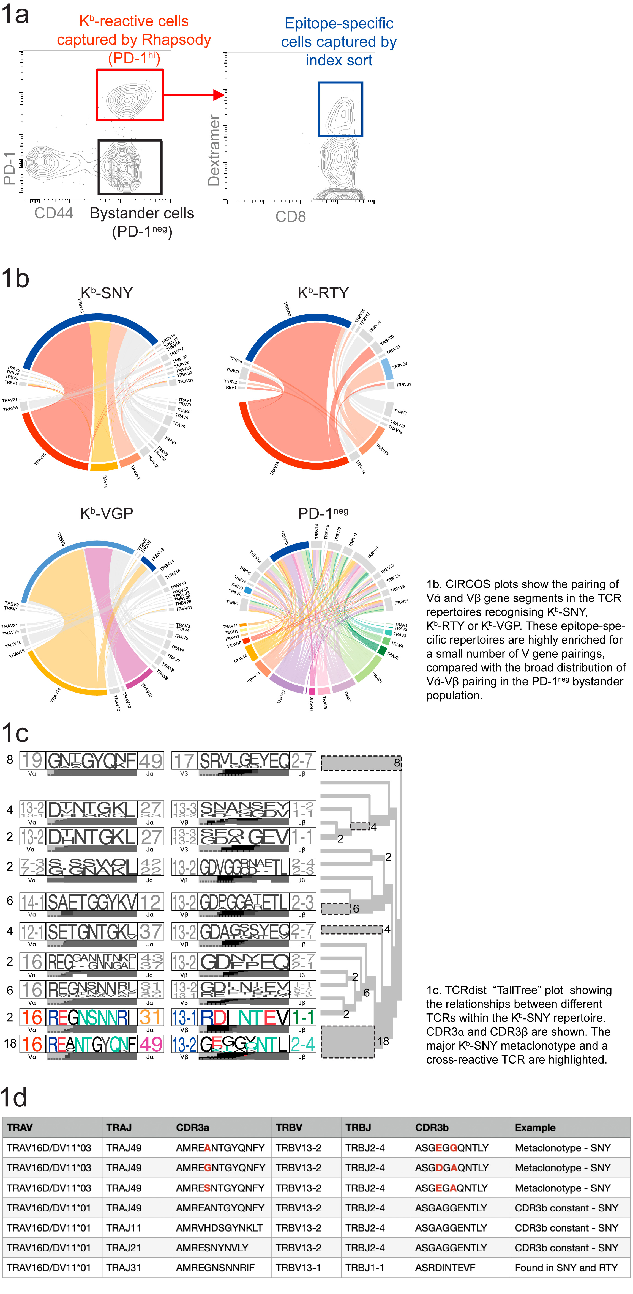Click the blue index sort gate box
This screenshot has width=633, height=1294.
click(340, 109)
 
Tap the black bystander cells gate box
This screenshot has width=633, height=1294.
click(130, 167)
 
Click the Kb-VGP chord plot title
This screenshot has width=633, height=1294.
click(107, 513)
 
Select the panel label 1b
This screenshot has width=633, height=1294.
click(15, 278)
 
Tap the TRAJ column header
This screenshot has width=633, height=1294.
click(119, 1127)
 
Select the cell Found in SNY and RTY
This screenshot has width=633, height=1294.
click(566, 1268)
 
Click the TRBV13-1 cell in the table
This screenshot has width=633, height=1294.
click(298, 1268)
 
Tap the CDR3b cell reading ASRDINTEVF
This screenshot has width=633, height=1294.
click(445, 1268)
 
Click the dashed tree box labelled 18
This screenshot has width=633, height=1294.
click(347, 1042)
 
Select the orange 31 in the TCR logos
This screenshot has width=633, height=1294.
click(150, 1017)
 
